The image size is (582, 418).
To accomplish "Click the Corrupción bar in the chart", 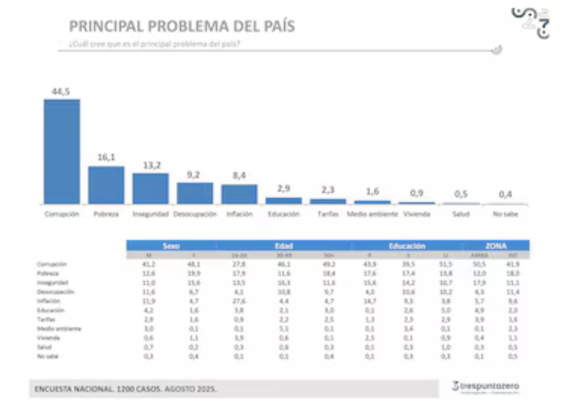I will (x=62, y=151).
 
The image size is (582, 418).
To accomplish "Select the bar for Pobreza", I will (x=106, y=185).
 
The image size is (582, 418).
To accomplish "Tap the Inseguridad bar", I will (x=151, y=188).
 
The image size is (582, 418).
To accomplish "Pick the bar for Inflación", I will (x=239, y=194).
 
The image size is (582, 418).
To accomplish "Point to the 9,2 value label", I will (x=195, y=175).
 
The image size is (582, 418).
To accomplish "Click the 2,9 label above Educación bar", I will (x=284, y=189).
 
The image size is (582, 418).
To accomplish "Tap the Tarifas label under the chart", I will (x=328, y=214).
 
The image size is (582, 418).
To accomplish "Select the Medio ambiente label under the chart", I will (x=372, y=214).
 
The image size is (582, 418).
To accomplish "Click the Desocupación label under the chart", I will (x=195, y=214).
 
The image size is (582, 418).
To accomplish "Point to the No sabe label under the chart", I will (x=506, y=214).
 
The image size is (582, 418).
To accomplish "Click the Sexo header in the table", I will (x=171, y=246).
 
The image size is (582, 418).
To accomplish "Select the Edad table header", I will (x=284, y=246).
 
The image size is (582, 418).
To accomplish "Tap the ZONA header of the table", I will (x=495, y=246).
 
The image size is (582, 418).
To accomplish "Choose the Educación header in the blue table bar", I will (x=407, y=246).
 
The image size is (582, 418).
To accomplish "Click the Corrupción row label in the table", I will (x=52, y=265).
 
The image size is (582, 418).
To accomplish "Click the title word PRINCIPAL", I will (x=106, y=26).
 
